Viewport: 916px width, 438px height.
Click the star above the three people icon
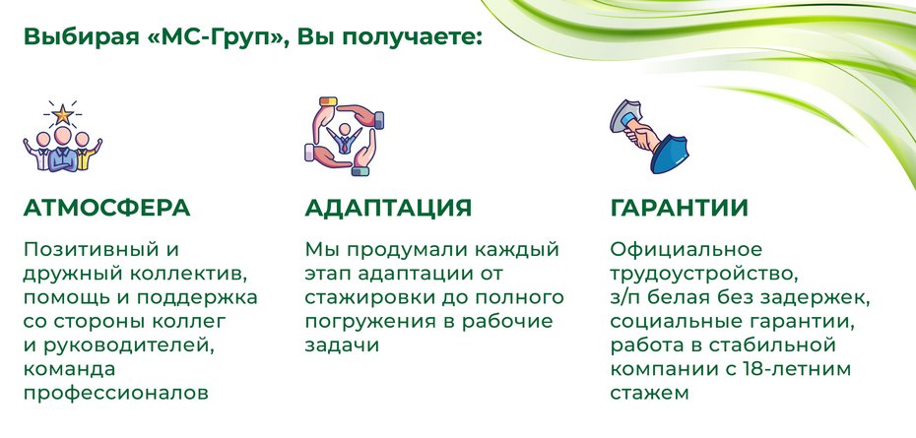point(63,113)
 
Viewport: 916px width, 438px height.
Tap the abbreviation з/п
point(626,297)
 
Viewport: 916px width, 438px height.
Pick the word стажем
point(648,394)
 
